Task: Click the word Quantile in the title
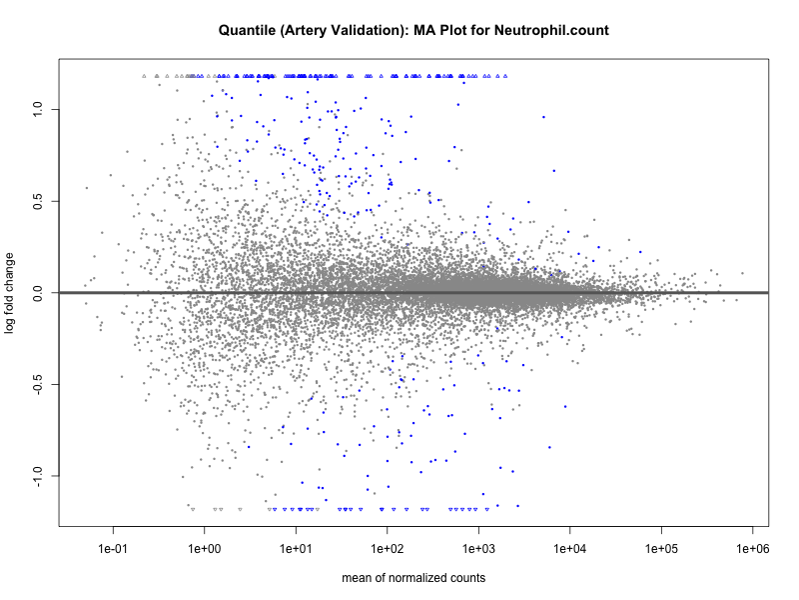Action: (247, 31)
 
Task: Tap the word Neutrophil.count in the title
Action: (553, 31)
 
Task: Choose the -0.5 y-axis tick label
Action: (38, 385)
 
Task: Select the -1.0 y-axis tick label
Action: (38, 476)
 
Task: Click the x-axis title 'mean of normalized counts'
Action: (413, 577)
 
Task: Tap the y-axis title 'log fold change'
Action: (11, 293)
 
